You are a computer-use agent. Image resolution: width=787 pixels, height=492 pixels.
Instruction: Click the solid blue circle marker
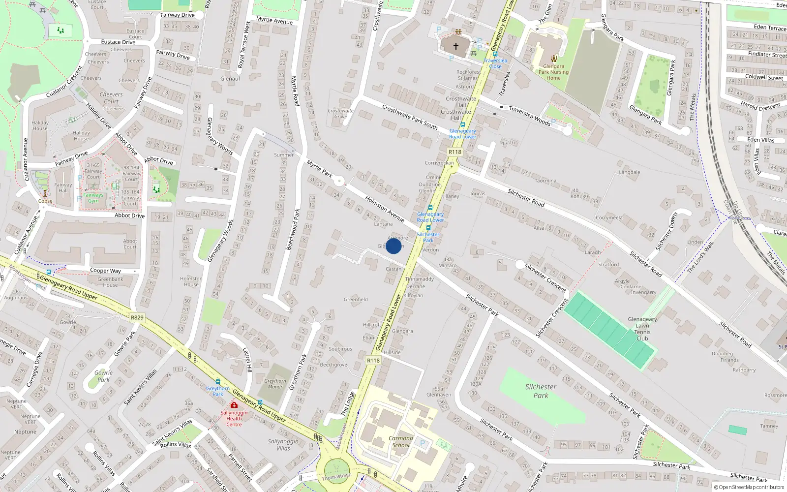tap(393, 246)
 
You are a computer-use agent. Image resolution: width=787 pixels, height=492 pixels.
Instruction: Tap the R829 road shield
tap(137, 317)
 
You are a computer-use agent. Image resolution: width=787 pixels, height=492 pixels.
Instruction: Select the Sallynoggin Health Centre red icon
tap(234, 405)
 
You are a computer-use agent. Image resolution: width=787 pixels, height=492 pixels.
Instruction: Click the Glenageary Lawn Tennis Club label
tap(642, 329)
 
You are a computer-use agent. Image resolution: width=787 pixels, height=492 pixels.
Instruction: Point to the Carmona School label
tap(401, 441)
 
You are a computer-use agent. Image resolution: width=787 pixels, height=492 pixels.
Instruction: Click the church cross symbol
tap(456, 46)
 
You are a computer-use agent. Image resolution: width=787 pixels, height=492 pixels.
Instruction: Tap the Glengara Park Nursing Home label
tap(553, 72)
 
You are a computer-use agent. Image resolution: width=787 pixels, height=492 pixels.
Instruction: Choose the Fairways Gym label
tap(93, 198)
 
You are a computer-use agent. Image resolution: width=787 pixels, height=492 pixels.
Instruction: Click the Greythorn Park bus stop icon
tap(218, 382)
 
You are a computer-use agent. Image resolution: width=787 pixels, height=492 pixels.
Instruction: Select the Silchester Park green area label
tap(541, 391)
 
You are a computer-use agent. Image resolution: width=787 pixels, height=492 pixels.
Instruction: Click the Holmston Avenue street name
tap(384, 209)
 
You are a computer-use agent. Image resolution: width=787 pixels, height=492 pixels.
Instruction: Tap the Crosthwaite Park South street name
tap(410, 117)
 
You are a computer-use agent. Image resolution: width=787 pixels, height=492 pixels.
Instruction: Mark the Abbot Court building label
tap(130, 244)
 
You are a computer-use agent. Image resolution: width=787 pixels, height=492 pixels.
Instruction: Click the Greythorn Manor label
tap(275, 384)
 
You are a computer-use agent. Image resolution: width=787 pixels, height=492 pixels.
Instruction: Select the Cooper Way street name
tap(105, 271)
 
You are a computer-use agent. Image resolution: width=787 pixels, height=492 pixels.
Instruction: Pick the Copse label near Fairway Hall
tap(45, 201)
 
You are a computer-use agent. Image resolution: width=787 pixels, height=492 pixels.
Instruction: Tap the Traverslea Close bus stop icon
tap(495, 54)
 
